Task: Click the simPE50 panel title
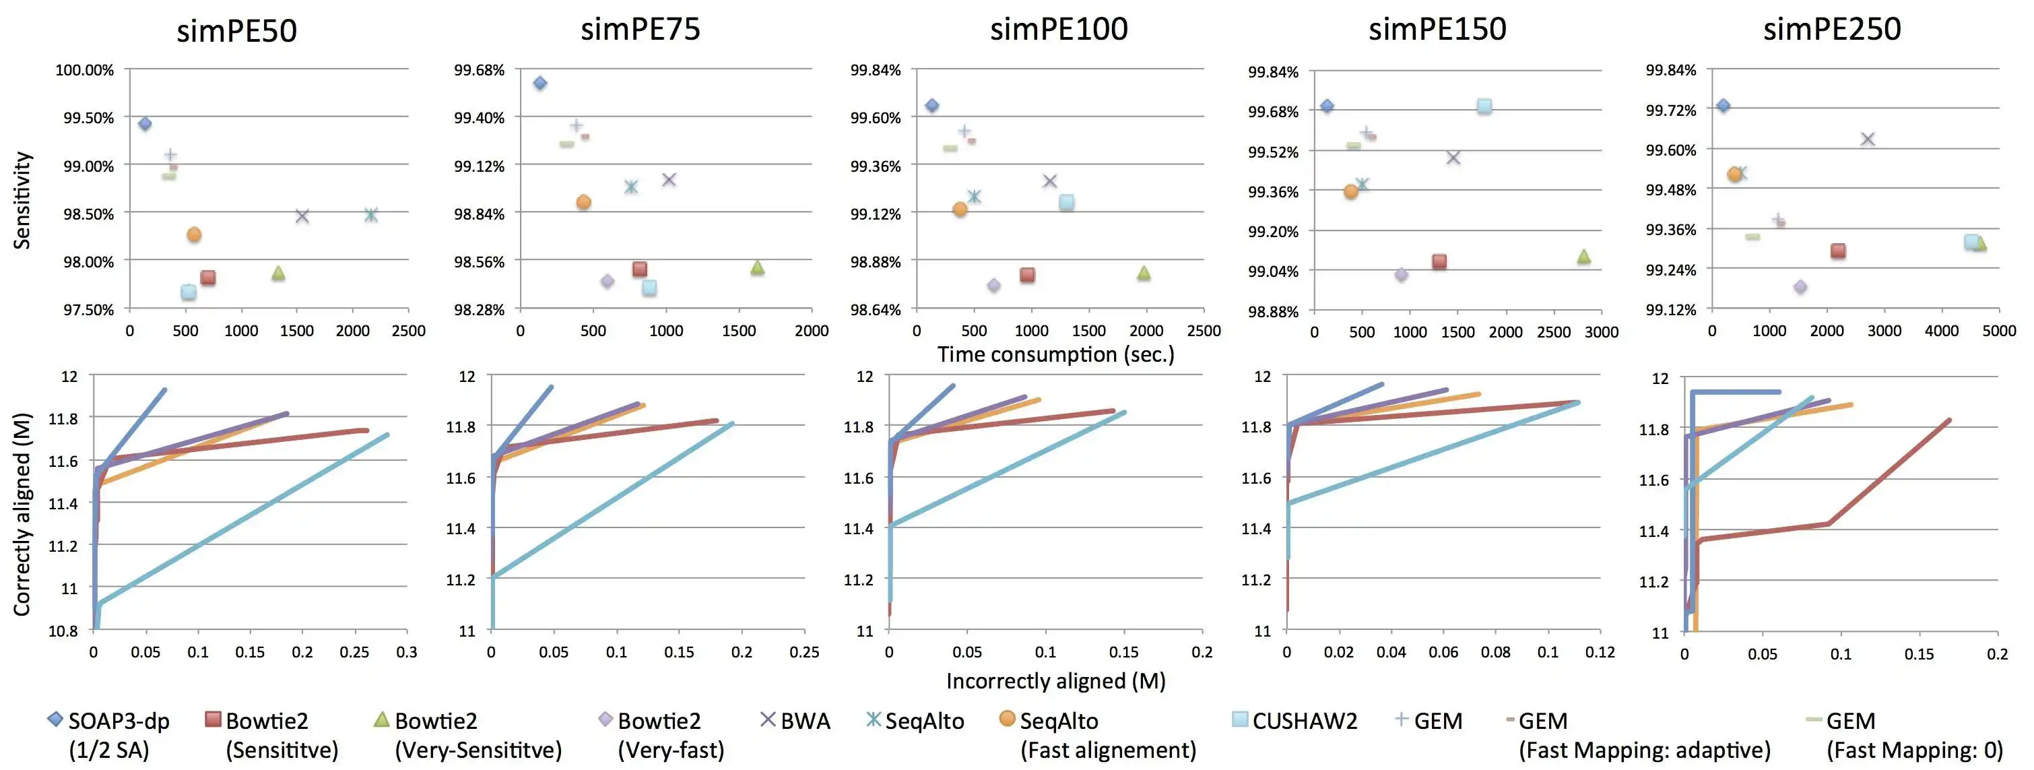(x=237, y=31)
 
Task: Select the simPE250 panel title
(x=1832, y=29)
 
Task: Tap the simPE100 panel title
(x=1059, y=29)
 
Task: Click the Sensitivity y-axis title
(x=23, y=201)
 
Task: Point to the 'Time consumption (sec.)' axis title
(x=1055, y=354)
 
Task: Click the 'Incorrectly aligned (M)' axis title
(x=1055, y=681)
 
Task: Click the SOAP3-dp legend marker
(x=55, y=719)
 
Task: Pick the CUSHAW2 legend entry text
(x=1305, y=721)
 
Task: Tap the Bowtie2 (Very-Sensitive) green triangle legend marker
(x=381, y=719)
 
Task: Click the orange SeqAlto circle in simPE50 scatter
(x=194, y=234)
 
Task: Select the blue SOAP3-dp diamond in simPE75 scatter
(x=540, y=83)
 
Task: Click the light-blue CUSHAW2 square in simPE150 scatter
(x=1484, y=106)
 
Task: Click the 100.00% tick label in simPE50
(x=84, y=70)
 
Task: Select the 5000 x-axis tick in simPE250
(x=1998, y=331)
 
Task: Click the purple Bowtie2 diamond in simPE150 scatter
(x=1402, y=275)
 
